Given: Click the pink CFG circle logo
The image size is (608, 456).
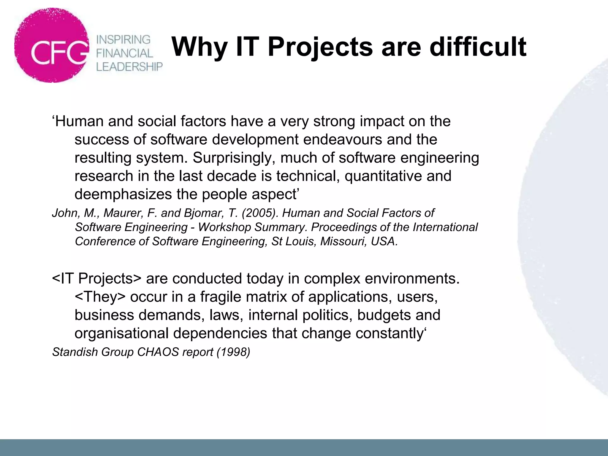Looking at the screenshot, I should (51, 45).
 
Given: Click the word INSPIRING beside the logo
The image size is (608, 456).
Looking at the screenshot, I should (123, 39).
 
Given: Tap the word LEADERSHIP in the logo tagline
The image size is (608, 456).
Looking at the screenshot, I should (129, 67).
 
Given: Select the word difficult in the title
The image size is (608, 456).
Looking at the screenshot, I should (478, 47).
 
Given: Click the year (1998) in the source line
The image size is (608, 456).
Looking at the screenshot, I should (233, 352).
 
